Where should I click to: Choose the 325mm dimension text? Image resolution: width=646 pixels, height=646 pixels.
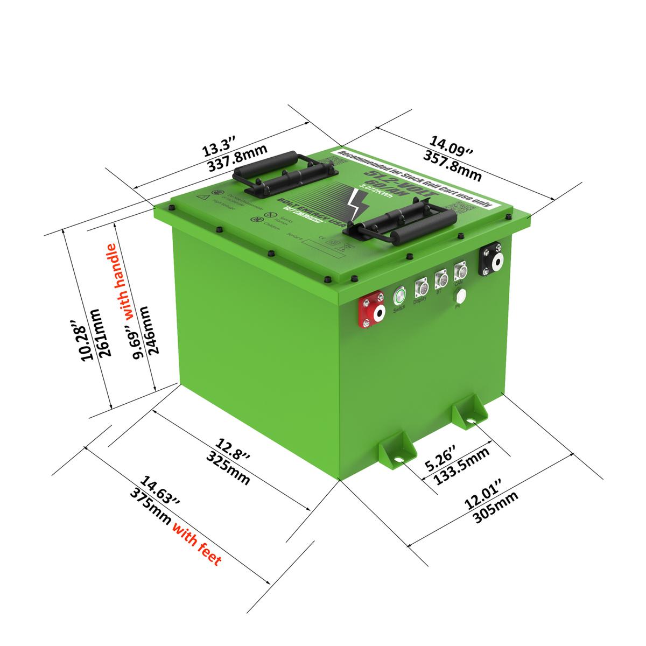point(228,469)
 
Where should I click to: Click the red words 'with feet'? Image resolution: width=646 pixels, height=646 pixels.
point(197,545)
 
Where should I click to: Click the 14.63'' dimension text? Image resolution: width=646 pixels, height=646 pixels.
point(160,490)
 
